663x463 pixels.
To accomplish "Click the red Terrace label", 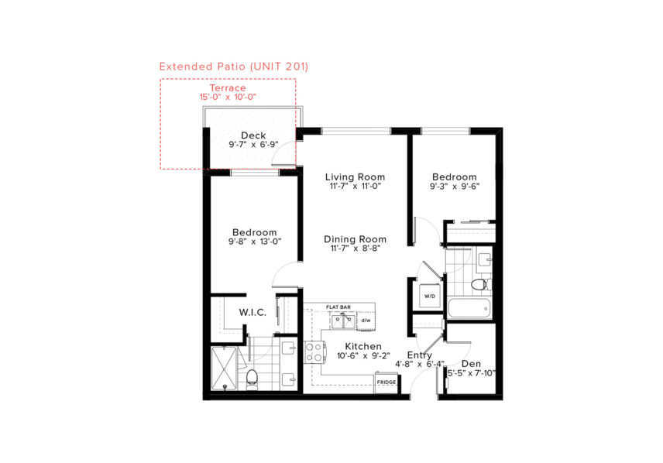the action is point(228,88).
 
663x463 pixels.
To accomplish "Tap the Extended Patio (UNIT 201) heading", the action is point(234,67).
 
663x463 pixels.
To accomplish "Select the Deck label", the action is point(253,135).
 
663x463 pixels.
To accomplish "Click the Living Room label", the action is point(356,177).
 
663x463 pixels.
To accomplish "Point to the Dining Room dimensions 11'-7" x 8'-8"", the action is point(356,249).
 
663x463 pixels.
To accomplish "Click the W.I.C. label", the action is point(252,313).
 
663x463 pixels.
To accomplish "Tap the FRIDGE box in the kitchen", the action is point(386,382).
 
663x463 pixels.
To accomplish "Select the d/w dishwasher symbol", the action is point(366,321).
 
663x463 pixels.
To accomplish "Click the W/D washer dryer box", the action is point(430,296).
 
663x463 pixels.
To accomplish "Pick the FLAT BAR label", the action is point(338,307).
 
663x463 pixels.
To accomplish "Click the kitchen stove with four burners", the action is point(314,352).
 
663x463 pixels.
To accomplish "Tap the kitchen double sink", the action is point(343,321).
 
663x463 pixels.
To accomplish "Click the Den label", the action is point(471,364).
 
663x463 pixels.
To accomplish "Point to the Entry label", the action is point(420,355).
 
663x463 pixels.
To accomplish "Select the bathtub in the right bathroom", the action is point(469,308).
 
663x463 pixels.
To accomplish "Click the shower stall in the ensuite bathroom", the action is point(224,368).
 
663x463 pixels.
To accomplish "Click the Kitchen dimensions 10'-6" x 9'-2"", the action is point(363,356).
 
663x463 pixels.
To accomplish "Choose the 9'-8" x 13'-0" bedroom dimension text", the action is point(255,242).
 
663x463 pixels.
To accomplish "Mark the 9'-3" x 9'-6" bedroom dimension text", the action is point(455,186).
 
